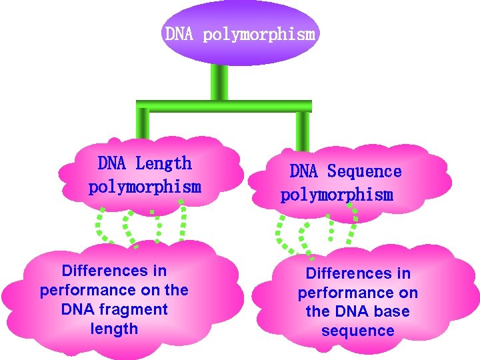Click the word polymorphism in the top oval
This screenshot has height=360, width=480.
click(x=258, y=34)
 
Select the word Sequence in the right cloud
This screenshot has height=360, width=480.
click(x=364, y=171)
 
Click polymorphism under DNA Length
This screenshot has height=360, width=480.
click(x=145, y=187)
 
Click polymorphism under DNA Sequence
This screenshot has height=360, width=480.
click(x=337, y=195)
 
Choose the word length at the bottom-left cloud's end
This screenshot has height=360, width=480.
click(x=114, y=329)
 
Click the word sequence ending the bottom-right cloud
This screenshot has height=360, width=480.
click(x=357, y=331)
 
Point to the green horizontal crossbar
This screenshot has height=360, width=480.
click(x=224, y=105)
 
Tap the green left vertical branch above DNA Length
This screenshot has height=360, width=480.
click(x=143, y=124)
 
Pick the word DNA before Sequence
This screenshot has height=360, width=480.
click(x=304, y=171)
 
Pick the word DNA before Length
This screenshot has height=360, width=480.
click(x=112, y=163)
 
